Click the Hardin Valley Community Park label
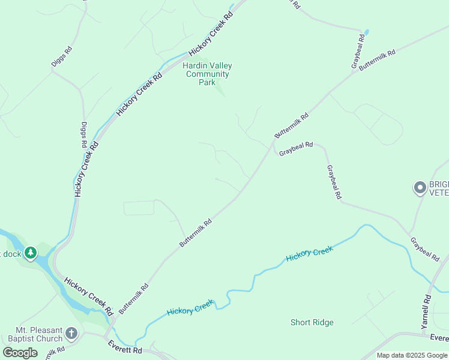pyautogui.click(x=207, y=74)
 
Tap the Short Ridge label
pyautogui.click(x=312, y=322)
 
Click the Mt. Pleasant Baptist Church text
pyautogui.click(x=40, y=334)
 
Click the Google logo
pyautogui.click(x=20, y=353)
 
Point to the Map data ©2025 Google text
pyautogui.click(x=411, y=355)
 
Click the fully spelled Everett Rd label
pyautogui.click(x=125, y=347)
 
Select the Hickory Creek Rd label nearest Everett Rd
pyautogui.click(x=89, y=296)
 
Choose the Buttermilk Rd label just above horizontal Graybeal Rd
pyautogui.click(x=291, y=125)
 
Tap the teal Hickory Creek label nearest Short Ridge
pyautogui.click(x=309, y=254)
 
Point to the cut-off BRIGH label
pyautogui.click(x=439, y=187)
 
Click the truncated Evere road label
pyautogui.click(x=440, y=338)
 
